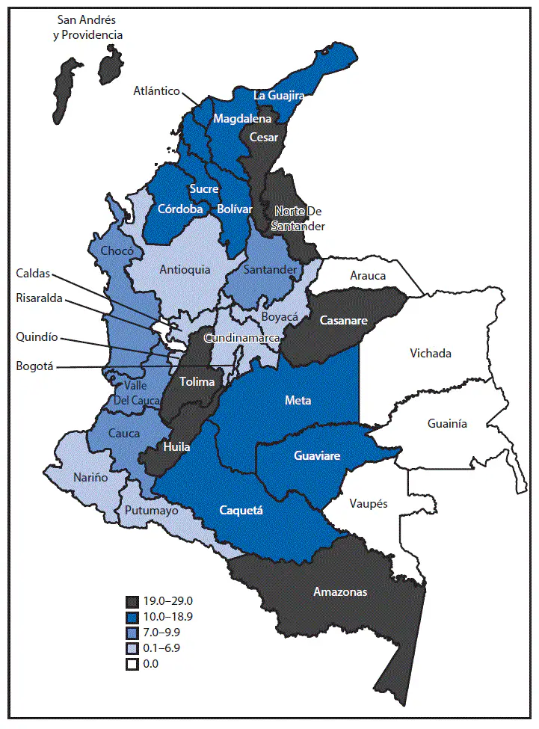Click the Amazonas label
click(340, 591)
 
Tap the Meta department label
click(298, 401)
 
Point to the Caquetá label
click(241, 511)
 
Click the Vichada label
click(430, 353)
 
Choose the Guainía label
click(447, 423)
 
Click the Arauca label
click(368, 276)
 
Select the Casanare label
click(342, 320)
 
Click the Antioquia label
click(185, 269)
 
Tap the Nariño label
click(90, 477)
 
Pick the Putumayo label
click(152, 511)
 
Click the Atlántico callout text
click(157, 91)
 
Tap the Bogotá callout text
click(35, 366)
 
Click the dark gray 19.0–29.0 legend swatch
click(132, 600)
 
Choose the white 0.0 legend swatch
click(132, 663)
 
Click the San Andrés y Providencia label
click(90, 26)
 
